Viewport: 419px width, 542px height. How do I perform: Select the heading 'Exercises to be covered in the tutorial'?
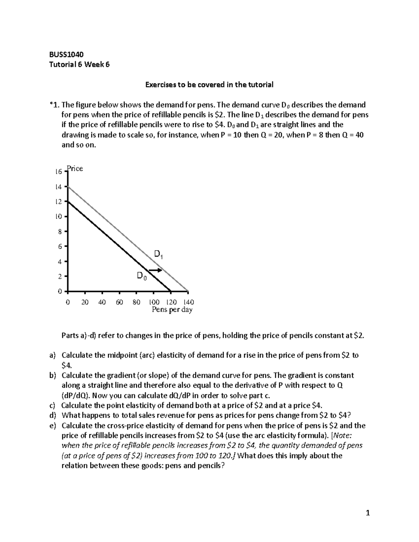coord(209,84)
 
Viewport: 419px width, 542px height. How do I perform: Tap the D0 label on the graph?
coord(141,276)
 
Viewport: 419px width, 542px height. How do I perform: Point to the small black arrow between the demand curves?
coord(155,270)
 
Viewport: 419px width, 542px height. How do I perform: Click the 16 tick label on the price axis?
coord(58,172)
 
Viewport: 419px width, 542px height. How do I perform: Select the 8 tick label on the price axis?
coord(60,231)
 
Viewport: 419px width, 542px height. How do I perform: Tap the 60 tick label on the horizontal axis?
coord(119,302)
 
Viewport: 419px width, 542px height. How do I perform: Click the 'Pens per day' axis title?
coord(172,310)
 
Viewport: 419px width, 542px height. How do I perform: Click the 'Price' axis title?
coord(75,169)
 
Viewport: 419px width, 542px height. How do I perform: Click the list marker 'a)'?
coord(52,355)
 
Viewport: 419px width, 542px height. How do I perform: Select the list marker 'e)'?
coord(52,425)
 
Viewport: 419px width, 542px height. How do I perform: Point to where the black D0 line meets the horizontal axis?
coord(171,291)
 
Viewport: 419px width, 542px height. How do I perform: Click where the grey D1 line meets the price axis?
coord(68,187)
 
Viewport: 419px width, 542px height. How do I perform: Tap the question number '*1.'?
coord(55,105)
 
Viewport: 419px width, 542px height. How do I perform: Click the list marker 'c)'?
coord(52,406)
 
